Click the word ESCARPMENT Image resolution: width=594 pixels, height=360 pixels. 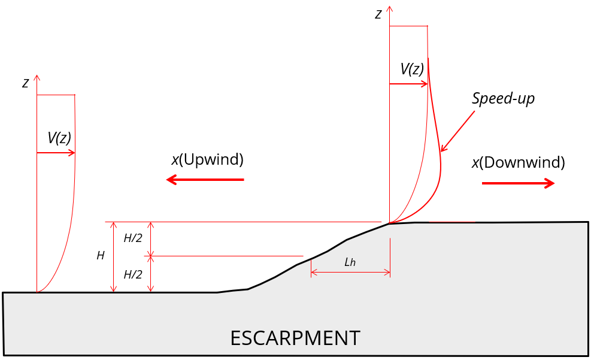coord(295,338)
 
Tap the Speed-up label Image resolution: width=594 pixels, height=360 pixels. coord(503,98)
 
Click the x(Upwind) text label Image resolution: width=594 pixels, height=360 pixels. coord(208,159)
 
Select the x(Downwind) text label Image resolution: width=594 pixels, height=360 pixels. coord(518,162)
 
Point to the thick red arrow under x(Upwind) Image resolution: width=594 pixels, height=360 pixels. coord(205,180)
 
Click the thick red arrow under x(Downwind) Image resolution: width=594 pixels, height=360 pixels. coord(518,183)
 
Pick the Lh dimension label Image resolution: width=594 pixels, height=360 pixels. coord(350,262)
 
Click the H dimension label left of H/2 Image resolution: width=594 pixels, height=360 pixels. coord(101,256)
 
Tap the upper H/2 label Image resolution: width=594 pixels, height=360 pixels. coord(133,238)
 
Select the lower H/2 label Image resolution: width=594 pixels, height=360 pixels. coord(133,274)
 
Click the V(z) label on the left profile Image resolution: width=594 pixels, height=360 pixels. coord(59,138)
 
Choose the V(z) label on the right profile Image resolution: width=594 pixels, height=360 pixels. coord(412,69)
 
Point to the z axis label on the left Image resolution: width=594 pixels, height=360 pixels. coord(25,83)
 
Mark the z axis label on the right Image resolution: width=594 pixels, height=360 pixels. coord(378,14)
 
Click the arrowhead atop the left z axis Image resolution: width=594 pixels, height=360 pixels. coord(37,77)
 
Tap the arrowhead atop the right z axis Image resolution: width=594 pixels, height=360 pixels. coord(389,8)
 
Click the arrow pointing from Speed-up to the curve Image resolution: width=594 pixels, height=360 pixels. coord(457,131)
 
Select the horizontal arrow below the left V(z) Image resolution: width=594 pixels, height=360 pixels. coord(56,153)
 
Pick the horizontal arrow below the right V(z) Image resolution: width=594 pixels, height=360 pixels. coord(408,84)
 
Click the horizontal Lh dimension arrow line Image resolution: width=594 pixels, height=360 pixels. coord(350,272)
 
